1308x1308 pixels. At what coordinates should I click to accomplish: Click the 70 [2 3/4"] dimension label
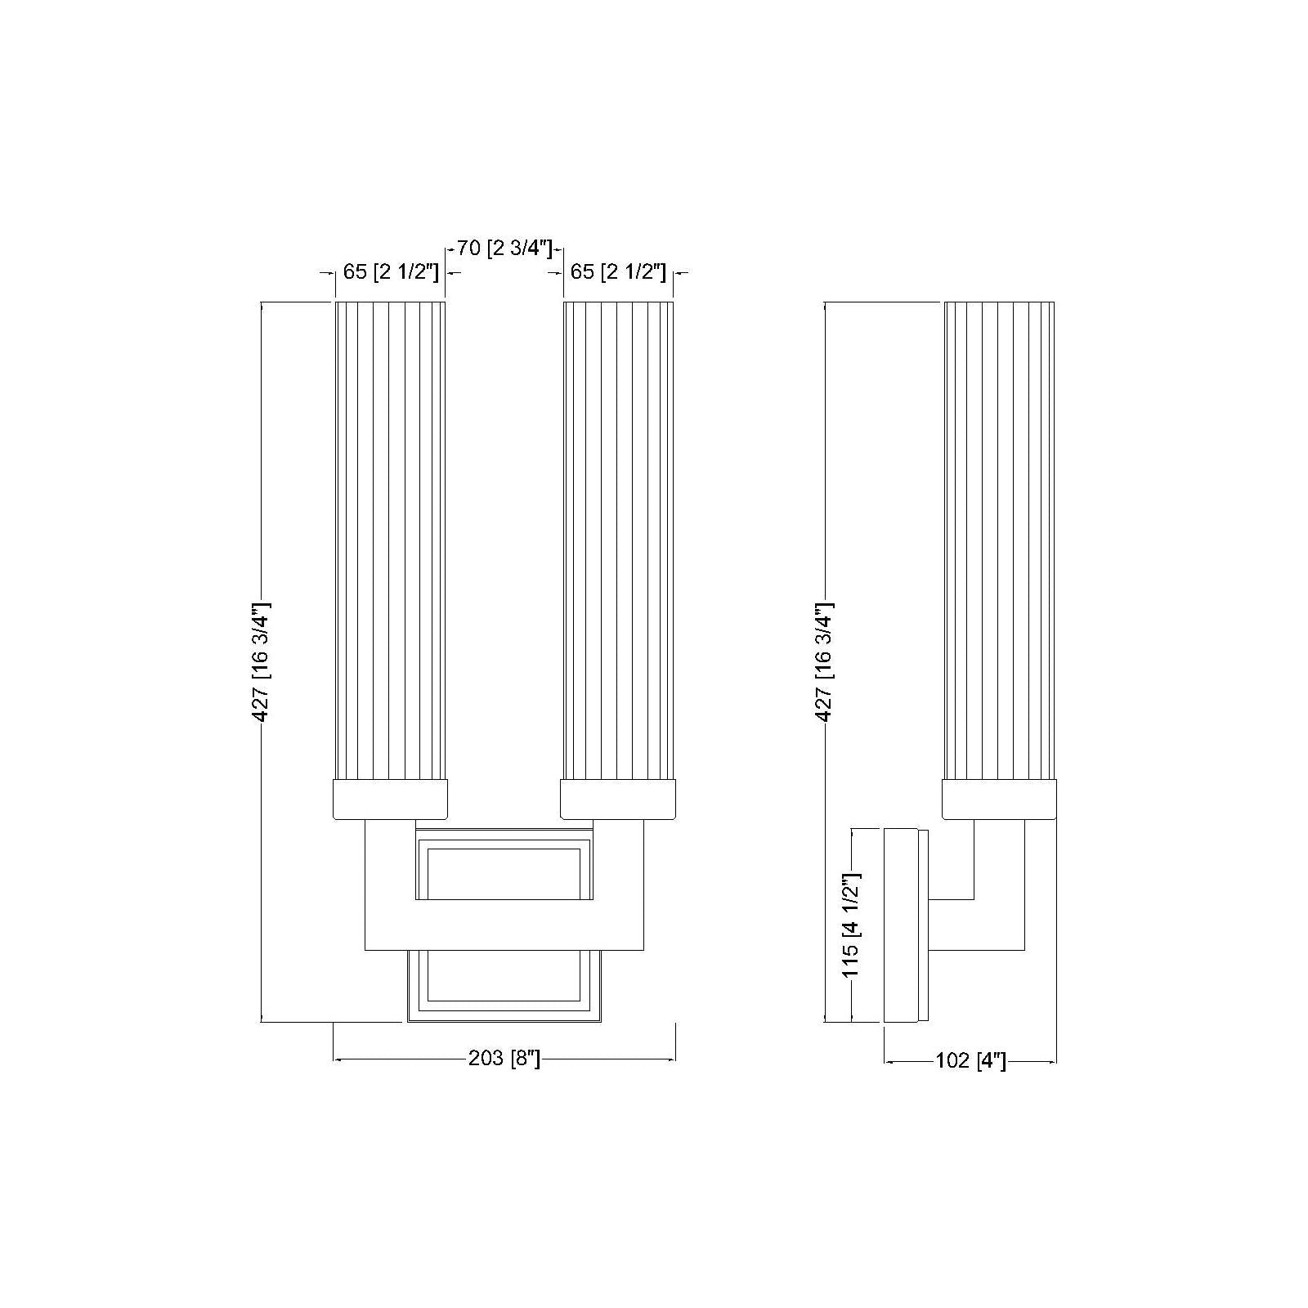[505, 248]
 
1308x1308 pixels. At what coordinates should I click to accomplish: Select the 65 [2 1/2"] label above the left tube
[391, 271]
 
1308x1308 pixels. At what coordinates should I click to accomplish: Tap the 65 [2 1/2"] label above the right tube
[618, 271]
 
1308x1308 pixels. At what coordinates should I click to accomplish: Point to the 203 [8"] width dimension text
[504, 1059]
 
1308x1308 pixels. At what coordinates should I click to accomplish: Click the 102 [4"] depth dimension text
[970, 1061]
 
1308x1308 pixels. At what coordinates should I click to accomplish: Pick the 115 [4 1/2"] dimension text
[851, 925]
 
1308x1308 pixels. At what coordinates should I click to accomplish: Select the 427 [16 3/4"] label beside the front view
[261, 663]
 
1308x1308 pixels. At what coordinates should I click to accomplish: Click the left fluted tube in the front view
[391, 540]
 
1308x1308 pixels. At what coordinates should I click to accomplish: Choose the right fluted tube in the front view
[619, 540]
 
